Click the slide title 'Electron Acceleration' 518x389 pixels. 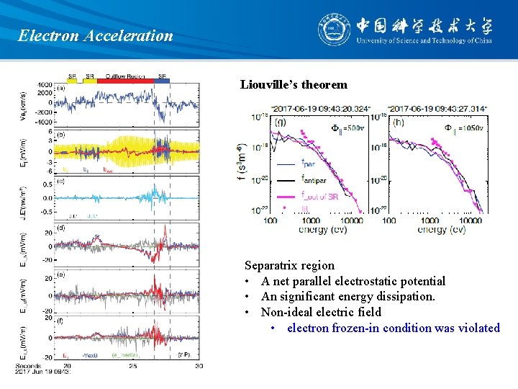tap(96, 35)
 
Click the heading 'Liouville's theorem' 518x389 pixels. tap(294, 85)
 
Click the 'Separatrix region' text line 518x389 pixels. tap(289, 265)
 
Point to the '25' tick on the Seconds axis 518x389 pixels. tap(133, 366)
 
